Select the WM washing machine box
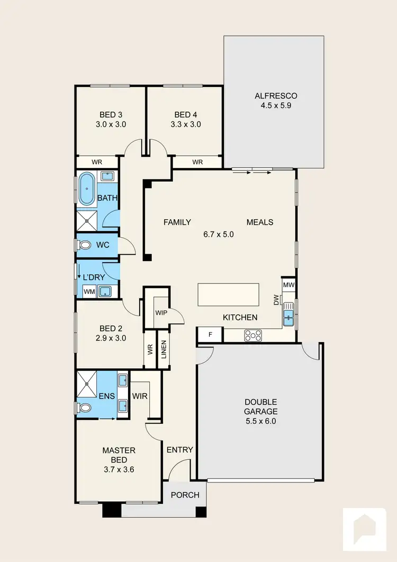click(89, 291)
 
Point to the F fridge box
click(210, 335)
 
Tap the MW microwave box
click(288, 285)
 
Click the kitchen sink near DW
click(288, 316)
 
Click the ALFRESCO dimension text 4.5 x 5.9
click(276, 105)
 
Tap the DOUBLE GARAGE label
click(260, 407)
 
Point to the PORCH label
click(185, 495)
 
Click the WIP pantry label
click(161, 313)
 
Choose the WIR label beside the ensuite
click(140, 396)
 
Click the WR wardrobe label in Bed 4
click(197, 162)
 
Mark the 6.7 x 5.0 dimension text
click(219, 234)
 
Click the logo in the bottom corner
click(365, 530)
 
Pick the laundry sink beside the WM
click(106, 290)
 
